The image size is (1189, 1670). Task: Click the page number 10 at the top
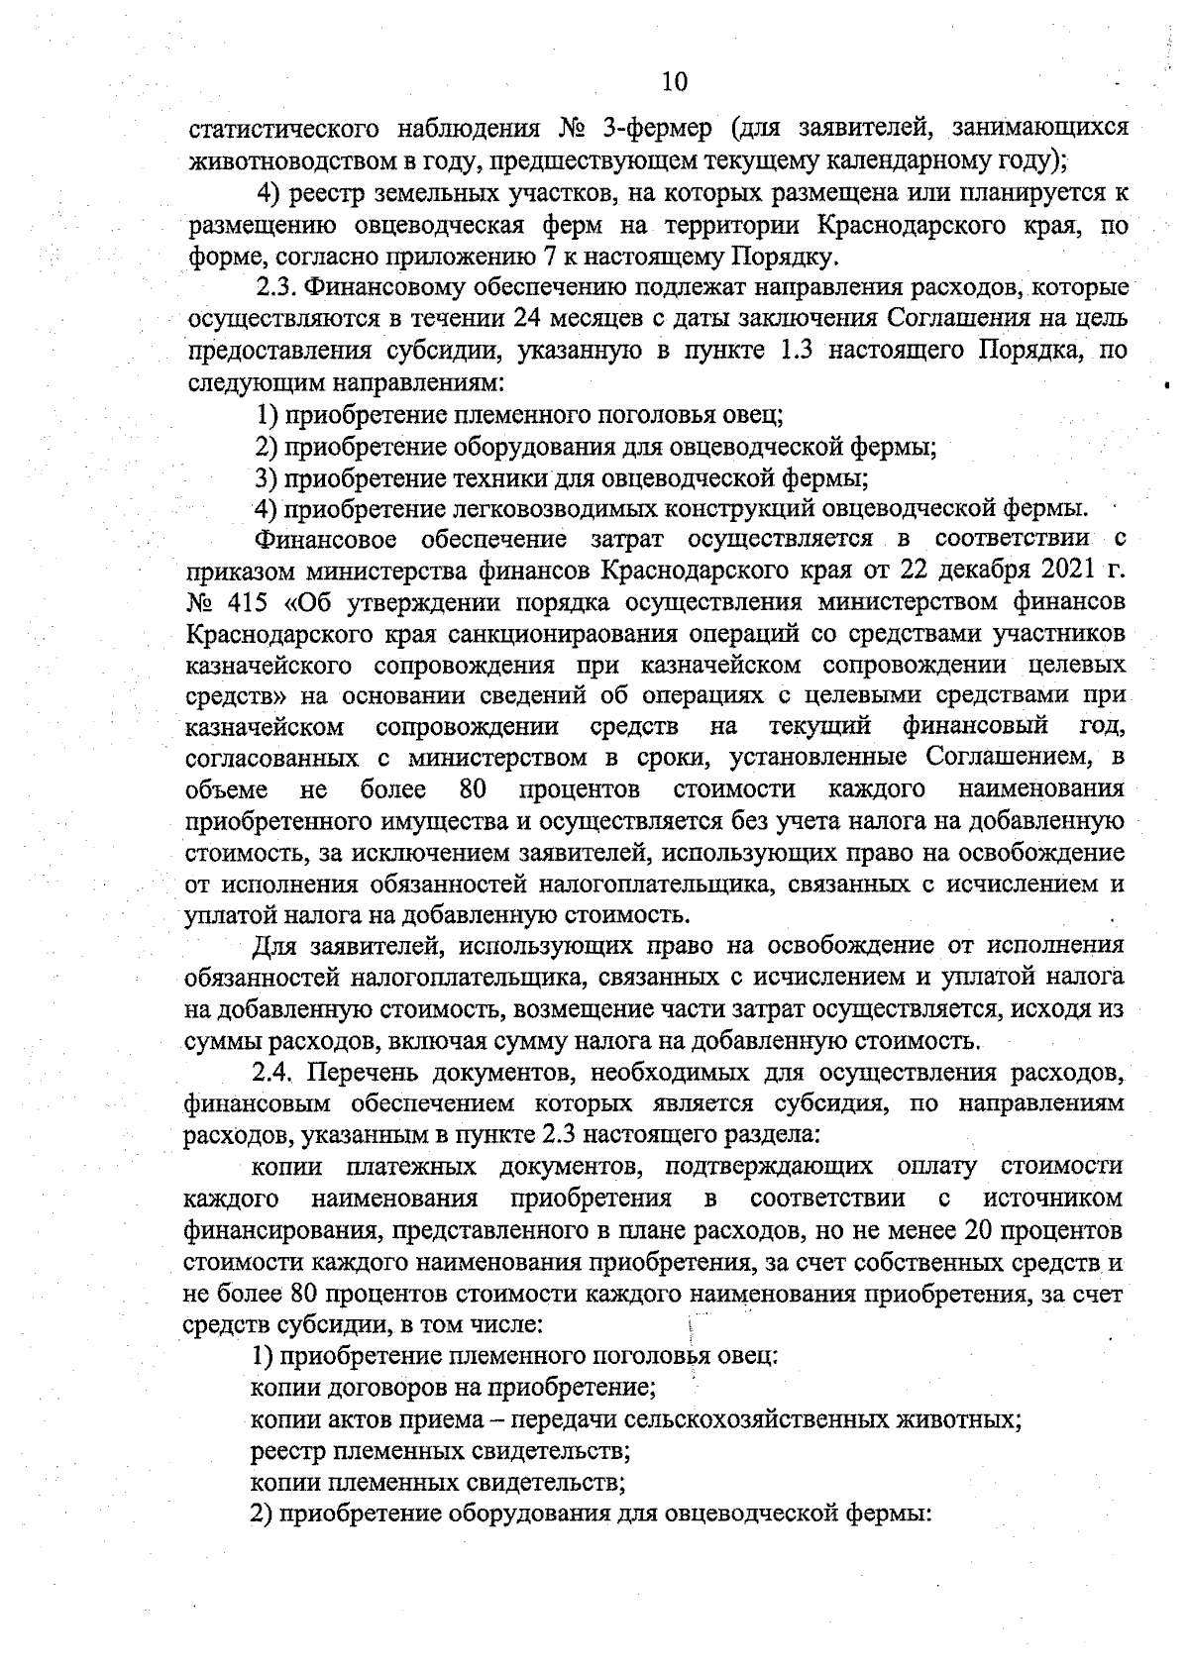point(674,80)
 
